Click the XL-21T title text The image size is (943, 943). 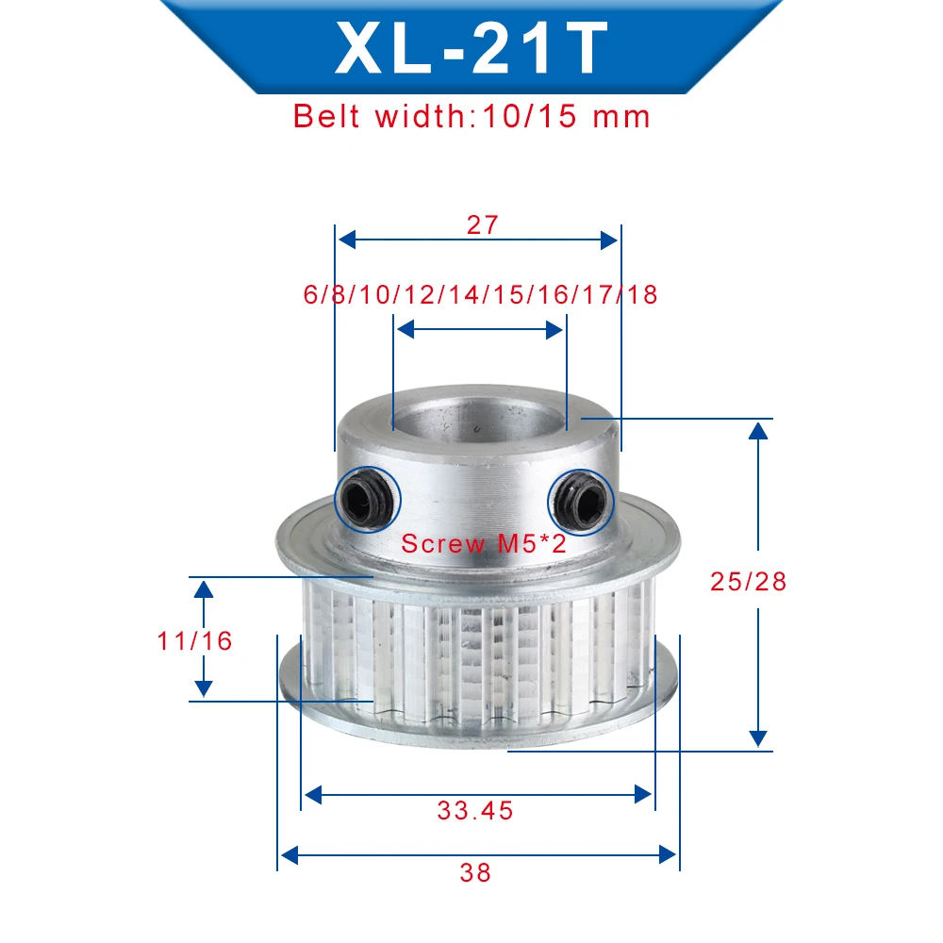(471, 48)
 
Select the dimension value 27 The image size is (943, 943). (480, 224)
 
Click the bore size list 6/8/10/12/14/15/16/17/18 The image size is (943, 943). (480, 294)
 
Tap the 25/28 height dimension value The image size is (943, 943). (748, 581)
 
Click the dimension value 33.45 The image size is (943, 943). (475, 810)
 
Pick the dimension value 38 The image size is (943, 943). (476, 872)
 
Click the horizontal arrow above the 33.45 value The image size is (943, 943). (477, 796)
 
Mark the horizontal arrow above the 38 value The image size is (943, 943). (478, 855)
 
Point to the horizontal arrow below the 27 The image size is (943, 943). (478, 240)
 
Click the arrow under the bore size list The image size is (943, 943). (479, 329)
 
